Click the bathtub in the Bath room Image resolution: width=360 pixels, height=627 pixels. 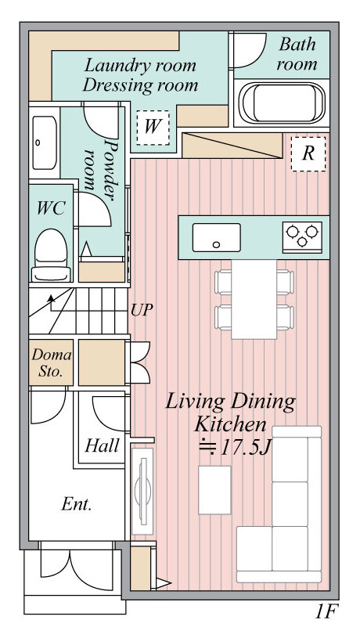click(x=282, y=103)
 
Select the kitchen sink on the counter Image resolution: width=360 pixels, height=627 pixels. click(x=217, y=237)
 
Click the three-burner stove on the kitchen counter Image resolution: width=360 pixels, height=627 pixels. click(x=302, y=236)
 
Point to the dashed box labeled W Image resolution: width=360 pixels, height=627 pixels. click(x=153, y=128)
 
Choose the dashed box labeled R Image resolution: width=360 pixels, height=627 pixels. click(x=308, y=153)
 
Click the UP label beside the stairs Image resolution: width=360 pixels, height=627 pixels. click(x=142, y=310)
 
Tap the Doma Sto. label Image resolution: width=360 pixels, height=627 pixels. click(x=51, y=362)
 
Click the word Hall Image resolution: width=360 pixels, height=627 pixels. click(x=102, y=445)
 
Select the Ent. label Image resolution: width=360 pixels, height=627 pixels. click(x=77, y=504)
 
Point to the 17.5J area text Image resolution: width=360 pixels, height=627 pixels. click(x=235, y=448)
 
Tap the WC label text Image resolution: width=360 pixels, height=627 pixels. click(x=51, y=208)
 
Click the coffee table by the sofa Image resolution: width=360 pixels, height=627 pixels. click(x=214, y=490)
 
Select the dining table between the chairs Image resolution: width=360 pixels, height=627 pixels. click(x=254, y=299)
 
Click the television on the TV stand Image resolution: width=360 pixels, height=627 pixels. click(x=143, y=490)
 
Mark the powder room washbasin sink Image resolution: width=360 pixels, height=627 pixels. click(x=45, y=142)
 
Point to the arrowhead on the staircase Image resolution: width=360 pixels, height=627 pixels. click(x=51, y=298)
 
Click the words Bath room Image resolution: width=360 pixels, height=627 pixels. click(x=297, y=54)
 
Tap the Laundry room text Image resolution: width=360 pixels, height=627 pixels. click(x=140, y=65)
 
